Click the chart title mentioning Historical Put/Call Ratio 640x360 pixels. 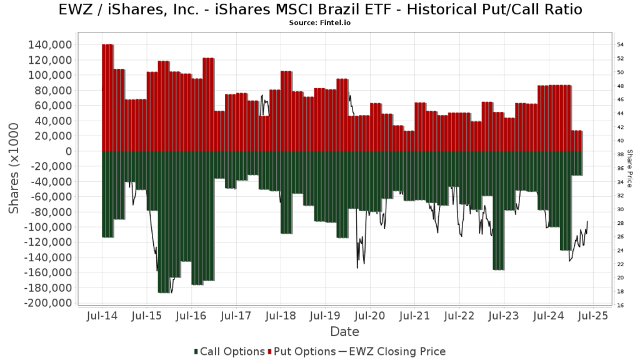(x=319, y=10)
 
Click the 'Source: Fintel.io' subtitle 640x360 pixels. (x=319, y=22)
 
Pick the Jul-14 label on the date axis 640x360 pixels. (x=102, y=316)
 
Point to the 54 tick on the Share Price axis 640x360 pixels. (x=621, y=45)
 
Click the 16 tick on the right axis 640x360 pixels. (x=621, y=305)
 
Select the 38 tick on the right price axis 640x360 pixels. (x=621, y=154)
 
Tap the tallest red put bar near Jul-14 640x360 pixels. (x=107, y=97)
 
